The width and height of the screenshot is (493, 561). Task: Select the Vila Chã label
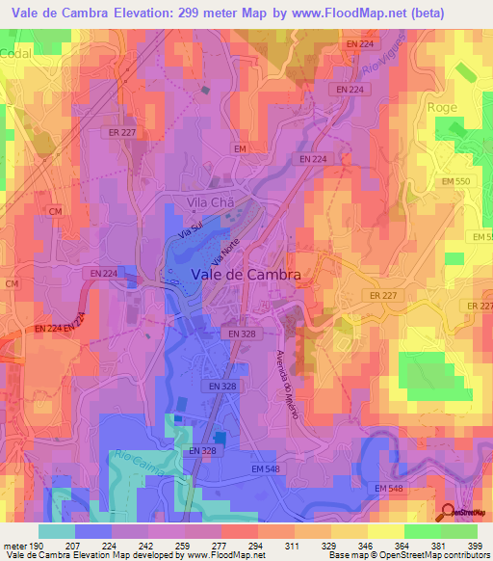pyautogui.click(x=211, y=202)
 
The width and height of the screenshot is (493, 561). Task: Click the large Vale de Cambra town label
pyautogui.click(x=246, y=274)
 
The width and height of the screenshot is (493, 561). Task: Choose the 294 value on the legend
pyautogui.click(x=257, y=545)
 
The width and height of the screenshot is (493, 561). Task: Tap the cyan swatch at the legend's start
pyautogui.click(x=56, y=531)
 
